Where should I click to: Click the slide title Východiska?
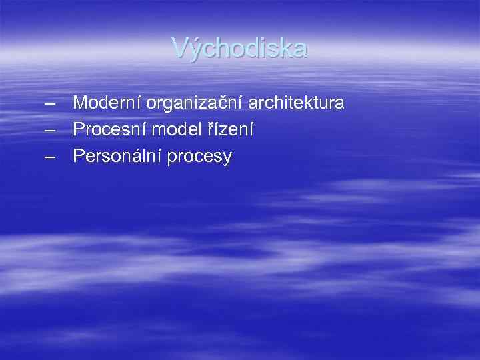click(x=240, y=48)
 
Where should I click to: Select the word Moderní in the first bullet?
click(x=107, y=103)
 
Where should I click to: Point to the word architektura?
click(x=296, y=103)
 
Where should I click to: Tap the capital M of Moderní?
click(x=81, y=103)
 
